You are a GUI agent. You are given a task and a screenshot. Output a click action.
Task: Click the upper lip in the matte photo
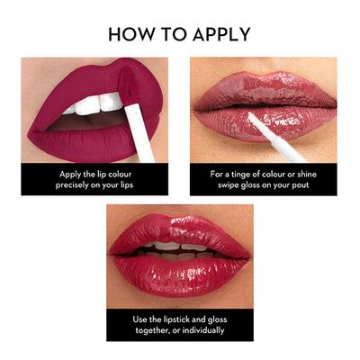pyautogui.click(x=72, y=85)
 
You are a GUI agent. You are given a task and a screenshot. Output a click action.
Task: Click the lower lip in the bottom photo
pyautogui.click(x=180, y=270)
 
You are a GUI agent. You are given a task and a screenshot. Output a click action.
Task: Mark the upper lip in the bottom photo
pyautogui.click(x=180, y=229)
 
